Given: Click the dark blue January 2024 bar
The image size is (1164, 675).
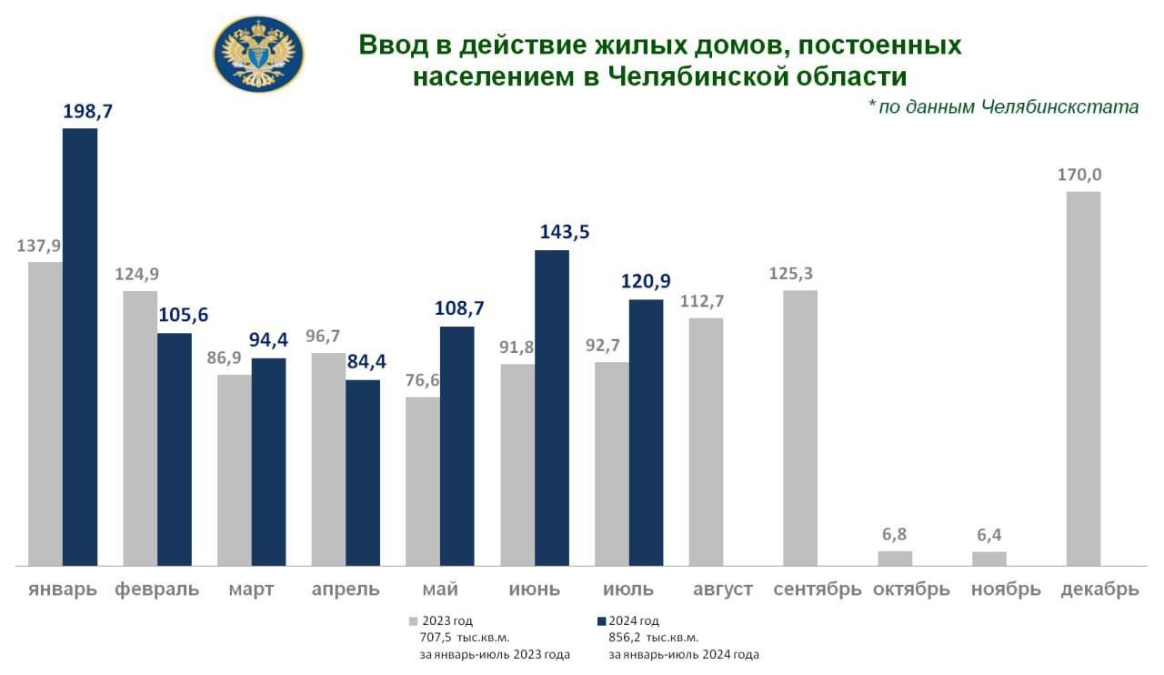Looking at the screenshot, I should coord(79,347).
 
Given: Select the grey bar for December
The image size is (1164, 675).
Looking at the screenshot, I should coord(1083,378).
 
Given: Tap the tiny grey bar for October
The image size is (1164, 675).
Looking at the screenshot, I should coord(895,559).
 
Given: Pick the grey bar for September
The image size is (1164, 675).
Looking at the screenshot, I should coord(800,428).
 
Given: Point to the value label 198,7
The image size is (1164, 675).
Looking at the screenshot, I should coord(86,113).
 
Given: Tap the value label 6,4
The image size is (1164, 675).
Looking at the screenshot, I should coord(989,536).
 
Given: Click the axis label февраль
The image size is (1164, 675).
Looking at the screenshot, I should coord(156,589).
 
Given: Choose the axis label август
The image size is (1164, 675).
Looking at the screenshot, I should coord(722,589).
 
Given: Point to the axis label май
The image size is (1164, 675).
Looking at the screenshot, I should coord(440,589).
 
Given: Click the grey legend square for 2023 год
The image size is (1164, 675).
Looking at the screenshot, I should coord(413,621).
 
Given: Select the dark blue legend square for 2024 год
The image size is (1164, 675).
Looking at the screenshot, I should coord(601,621).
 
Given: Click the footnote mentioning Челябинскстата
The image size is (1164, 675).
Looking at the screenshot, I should coord(1003,107).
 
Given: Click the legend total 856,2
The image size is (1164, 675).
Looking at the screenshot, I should coord(626,638).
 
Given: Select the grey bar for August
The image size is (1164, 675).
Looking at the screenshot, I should coord(706,441).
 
